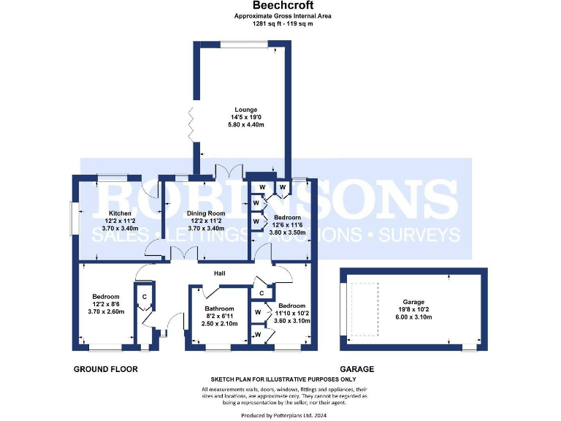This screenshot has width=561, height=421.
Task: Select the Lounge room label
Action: (245, 110)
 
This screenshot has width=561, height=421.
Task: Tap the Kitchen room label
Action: (99, 213)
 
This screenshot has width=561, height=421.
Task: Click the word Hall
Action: (219, 273)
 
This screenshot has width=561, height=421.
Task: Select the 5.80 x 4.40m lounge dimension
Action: (245, 126)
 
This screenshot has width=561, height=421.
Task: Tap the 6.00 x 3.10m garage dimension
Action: (414, 317)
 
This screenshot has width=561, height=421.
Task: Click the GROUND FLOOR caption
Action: (105, 369)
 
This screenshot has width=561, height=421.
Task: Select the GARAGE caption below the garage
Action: (356, 369)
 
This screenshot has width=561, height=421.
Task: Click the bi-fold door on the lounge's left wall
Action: (191, 125)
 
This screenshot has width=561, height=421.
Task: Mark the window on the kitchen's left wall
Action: (72, 218)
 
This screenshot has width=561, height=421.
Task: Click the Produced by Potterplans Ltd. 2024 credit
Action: (284, 414)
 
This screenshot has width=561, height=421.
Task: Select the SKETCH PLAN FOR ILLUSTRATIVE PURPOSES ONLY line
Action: (283, 380)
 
